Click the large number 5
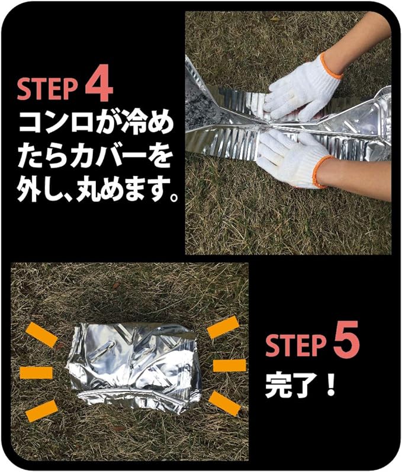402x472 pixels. [345, 343]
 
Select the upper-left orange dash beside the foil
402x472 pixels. [42, 335]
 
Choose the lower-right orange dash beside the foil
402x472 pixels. [225, 403]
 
